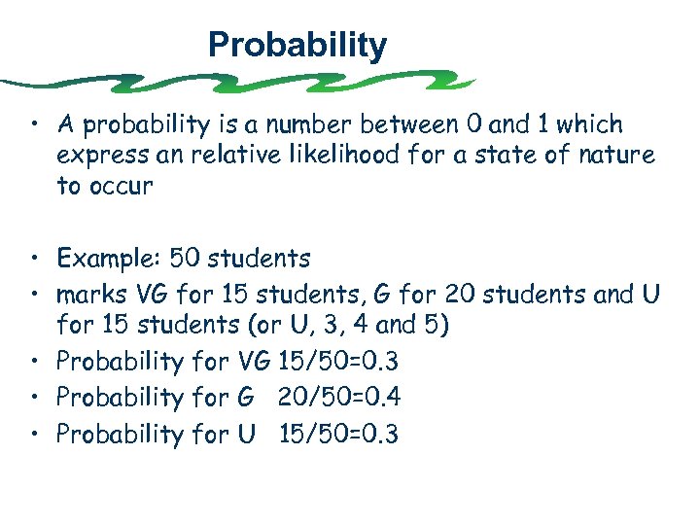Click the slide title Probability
click(297, 45)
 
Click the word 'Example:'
click(109, 259)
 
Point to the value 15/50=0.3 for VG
click(338, 362)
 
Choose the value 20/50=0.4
click(339, 398)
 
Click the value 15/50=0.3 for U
click(338, 434)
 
